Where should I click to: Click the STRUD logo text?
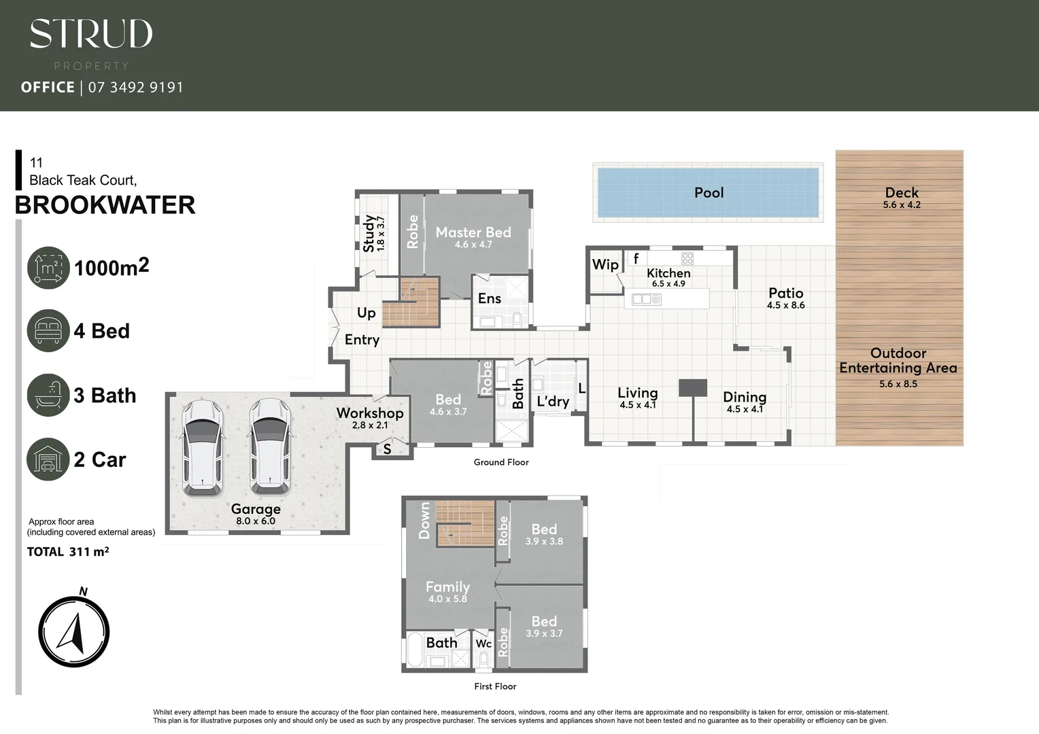(x=91, y=34)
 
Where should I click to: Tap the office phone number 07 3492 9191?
(x=135, y=87)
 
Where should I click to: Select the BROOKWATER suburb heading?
(x=105, y=205)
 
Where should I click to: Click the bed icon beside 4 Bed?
(x=48, y=331)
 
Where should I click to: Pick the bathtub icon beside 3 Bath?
(x=48, y=395)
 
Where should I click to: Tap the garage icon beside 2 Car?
(x=48, y=459)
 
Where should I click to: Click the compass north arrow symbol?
(x=73, y=631)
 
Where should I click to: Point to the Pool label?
(x=709, y=192)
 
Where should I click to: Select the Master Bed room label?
(x=473, y=232)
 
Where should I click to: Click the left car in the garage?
(x=203, y=447)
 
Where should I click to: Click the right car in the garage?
(x=270, y=447)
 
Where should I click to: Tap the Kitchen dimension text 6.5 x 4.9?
(x=668, y=284)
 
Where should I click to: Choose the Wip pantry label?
(x=605, y=264)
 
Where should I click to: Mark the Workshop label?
(x=370, y=413)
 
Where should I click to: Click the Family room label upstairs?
(x=447, y=587)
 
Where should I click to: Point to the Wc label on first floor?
(x=483, y=644)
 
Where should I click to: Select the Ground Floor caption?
(x=501, y=462)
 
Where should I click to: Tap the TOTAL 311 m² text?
(x=68, y=552)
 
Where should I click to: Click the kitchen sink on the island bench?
(x=646, y=299)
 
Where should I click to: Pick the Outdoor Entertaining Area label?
(x=898, y=360)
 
